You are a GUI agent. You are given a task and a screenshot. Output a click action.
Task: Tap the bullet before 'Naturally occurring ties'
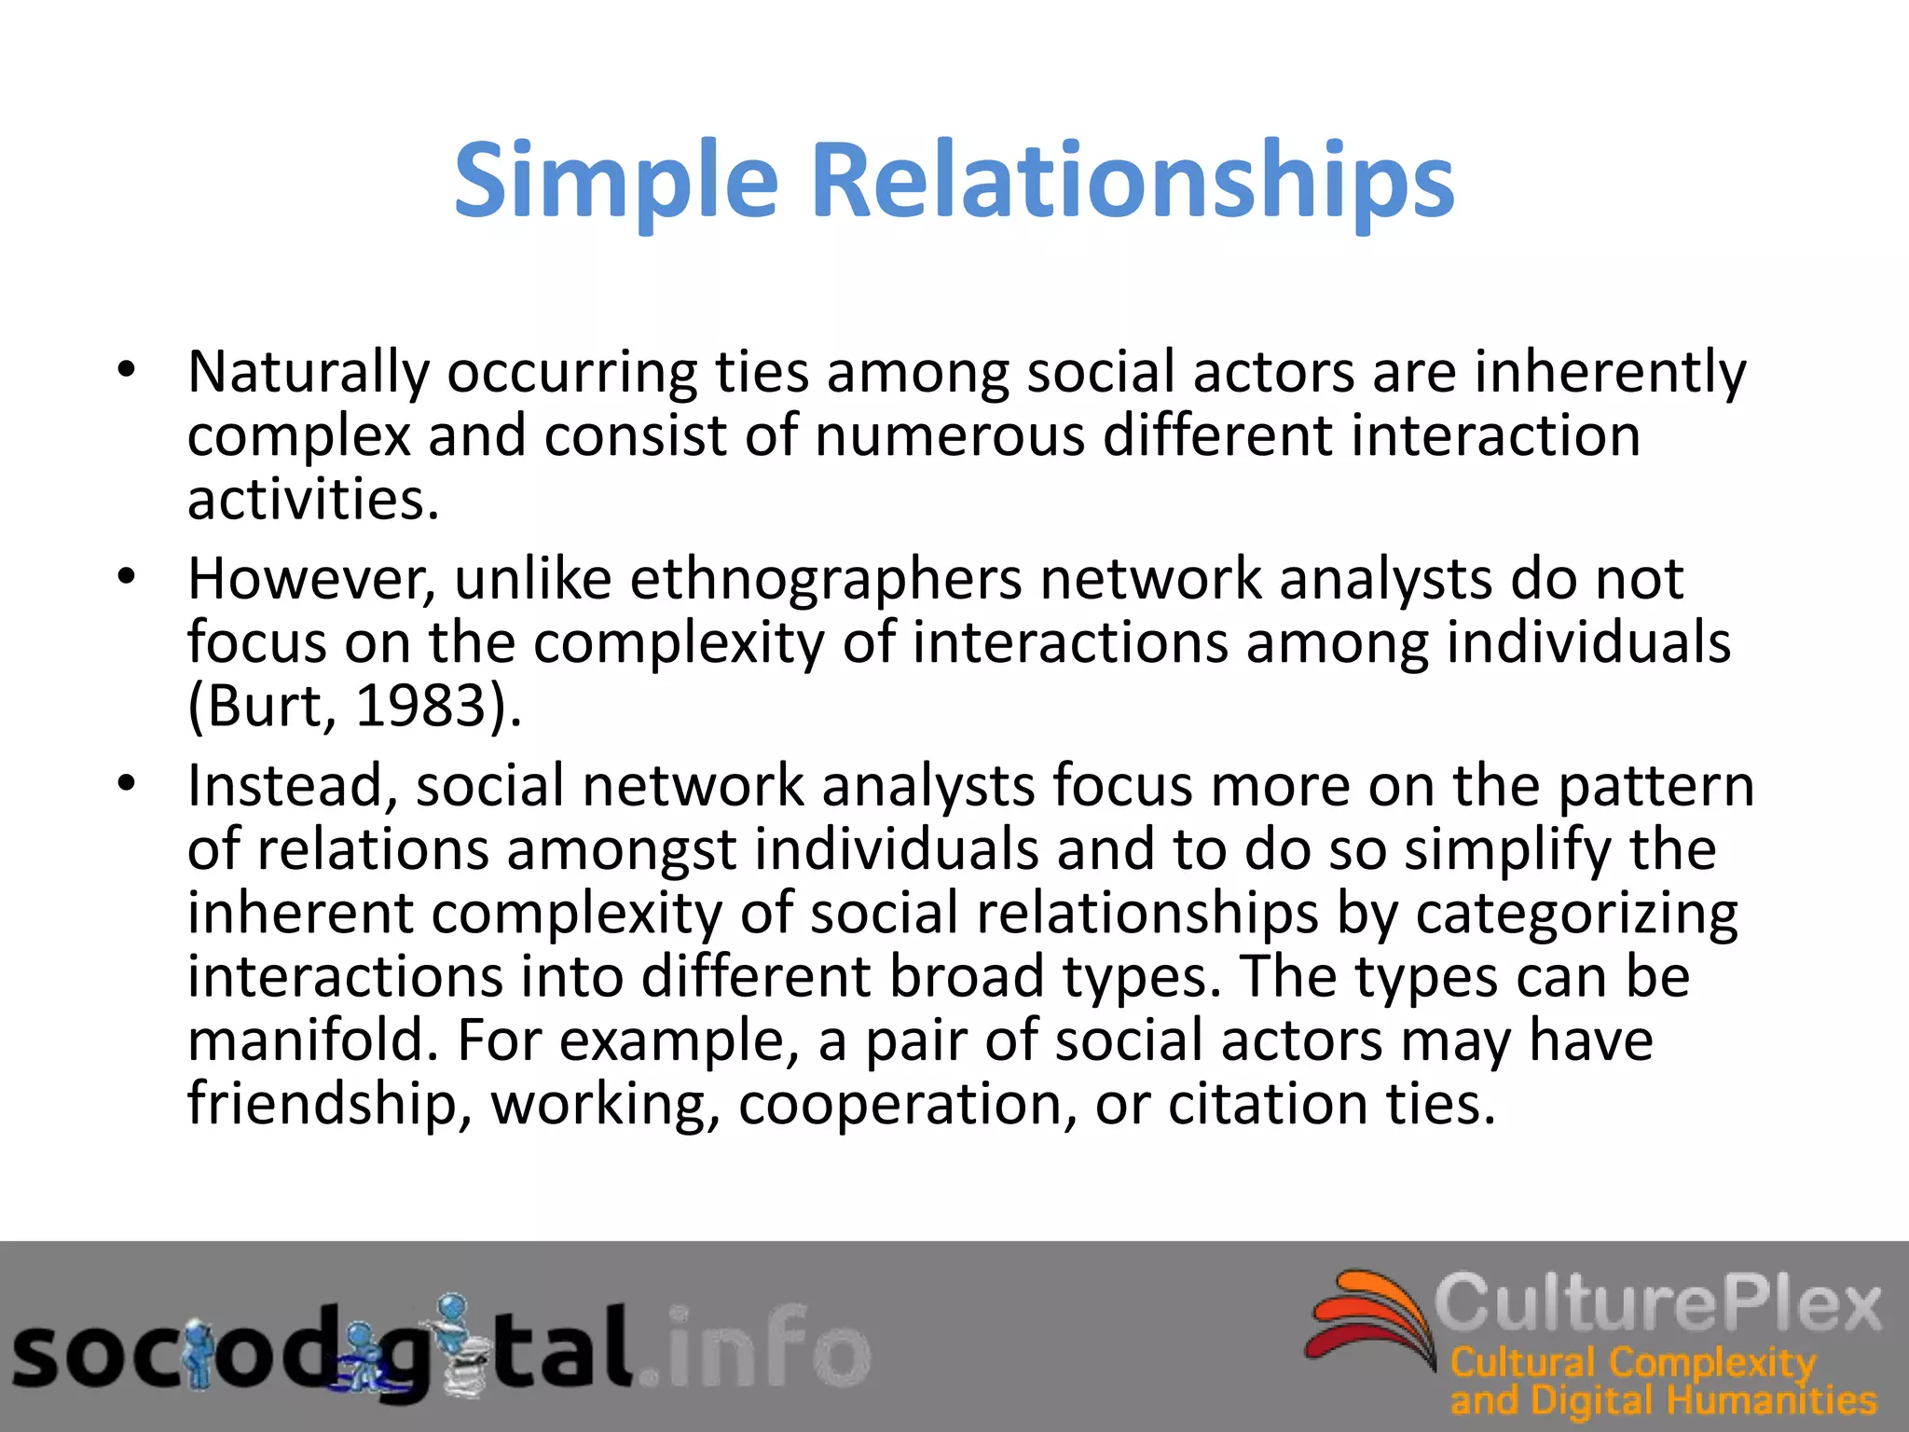tap(127, 370)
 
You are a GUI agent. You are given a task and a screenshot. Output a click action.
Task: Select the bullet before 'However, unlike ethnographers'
tap(127, 577)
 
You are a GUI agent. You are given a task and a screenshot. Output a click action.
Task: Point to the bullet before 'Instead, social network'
tap(127, 784)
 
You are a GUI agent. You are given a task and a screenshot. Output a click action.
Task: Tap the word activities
tap(312, 499)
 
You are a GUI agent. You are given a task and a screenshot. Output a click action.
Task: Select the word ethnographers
tap(826, 580)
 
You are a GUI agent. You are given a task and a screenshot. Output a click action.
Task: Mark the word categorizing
tap(1576, 914)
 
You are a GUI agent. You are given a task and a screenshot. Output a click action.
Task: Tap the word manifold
tap(312, 1040)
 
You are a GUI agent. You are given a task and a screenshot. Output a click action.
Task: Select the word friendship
tap(323, 1105)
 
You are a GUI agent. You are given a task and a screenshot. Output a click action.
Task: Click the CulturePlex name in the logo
tap(1657, 1303)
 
